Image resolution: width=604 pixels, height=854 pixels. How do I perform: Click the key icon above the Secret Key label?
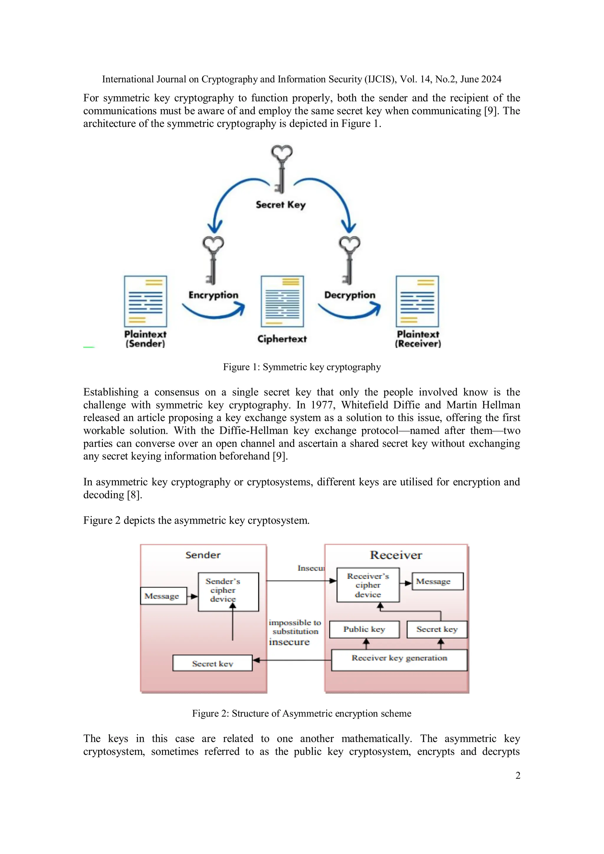tap(282, 169)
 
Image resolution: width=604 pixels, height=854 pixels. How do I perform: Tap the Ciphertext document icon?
tap(282, 301)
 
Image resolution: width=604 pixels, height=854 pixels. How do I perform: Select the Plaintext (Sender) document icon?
tap(145, 301)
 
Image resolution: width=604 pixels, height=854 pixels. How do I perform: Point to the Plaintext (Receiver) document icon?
tap(417, 301)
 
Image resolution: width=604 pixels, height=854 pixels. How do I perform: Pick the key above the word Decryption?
tap(349, 260)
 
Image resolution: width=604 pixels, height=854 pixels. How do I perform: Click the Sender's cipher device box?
tap(228, 592)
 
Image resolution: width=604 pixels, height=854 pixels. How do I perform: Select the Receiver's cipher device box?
tap(368, 585)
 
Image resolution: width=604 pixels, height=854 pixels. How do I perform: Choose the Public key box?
tap(364, 629)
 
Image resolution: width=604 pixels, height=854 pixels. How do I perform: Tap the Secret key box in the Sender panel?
tap(212, 663)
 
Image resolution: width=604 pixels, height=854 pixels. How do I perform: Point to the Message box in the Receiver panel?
tap(437, 581)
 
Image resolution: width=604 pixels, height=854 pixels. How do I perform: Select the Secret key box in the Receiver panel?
tap(437, 629)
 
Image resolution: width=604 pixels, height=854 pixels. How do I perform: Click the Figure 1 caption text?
tap(302, 367)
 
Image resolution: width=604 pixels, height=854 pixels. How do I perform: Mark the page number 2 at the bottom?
tap(517, 776)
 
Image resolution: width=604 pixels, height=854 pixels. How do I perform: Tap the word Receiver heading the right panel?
tap(396, 555)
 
